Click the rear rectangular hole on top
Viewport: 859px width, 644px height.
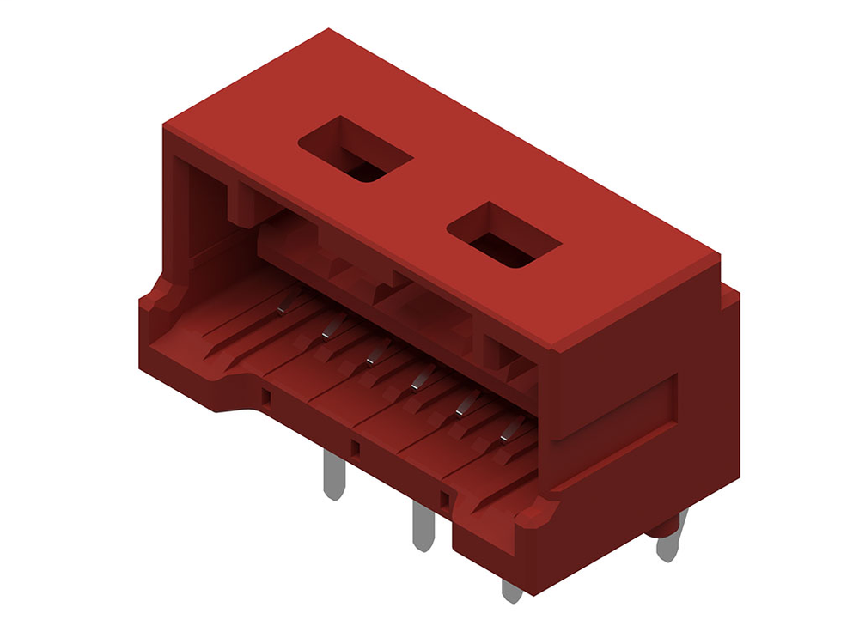[x=356, y=151]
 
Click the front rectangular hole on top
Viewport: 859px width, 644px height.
[x=504, y=235]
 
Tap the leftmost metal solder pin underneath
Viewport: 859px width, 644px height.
[x=333, y=475]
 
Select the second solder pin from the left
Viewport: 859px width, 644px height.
[x=422, y=526]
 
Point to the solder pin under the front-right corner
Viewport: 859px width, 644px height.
[x=512, y=590]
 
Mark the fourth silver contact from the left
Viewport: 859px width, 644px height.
[x=417, y=379]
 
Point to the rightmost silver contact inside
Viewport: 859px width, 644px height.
[x=509, y=431]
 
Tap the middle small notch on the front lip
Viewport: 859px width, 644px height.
[x=355, y=447]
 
